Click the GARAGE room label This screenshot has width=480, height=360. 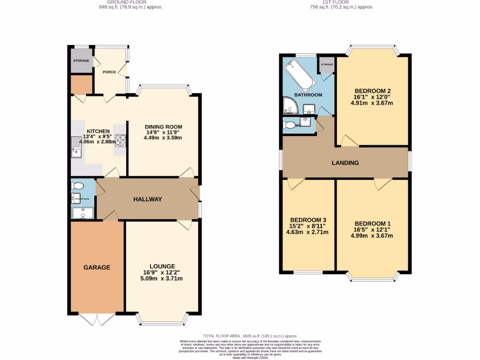pos(97,267)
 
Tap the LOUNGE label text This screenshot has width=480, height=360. pos(163,266)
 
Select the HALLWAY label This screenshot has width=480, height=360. pos(148,199)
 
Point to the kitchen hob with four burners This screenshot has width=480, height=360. pos(120,141)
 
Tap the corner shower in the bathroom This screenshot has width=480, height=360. pos(290,106)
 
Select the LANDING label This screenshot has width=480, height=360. pos(345,163)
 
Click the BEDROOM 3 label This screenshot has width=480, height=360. pos(308,220)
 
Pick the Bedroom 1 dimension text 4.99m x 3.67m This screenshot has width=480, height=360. pos(372,236)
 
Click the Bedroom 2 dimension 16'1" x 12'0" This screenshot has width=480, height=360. pos(373,97)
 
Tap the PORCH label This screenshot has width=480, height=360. pos(109,72)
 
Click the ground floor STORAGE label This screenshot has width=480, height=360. pos(81,61)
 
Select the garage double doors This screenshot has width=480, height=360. pos(97,320)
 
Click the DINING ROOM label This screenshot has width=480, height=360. pos(163,127)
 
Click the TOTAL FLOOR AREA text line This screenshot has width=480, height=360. pos(250,336)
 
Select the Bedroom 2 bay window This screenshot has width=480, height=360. pos(373,49)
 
